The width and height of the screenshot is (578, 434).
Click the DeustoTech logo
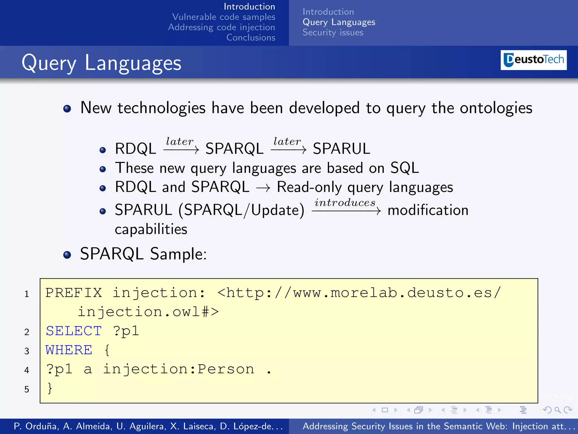point(533,60)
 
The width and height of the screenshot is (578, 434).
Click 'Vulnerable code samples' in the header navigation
point(224,17)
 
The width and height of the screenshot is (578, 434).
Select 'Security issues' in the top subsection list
point(333,32)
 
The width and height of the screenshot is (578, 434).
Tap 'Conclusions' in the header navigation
point(251,38)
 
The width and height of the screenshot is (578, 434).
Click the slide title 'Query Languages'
point(101,63)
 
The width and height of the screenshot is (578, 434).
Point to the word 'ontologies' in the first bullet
point(496,108)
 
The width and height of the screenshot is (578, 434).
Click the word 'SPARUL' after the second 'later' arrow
point(341,149)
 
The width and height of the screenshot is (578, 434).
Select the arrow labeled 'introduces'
point(346,211)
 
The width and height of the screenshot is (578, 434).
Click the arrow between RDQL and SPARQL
point(181,149)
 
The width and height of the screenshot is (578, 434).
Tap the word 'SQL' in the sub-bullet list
point(404,168)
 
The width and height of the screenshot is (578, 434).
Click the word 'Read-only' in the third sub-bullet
point(309,187)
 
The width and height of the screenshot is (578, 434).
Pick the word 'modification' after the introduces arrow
point(428,211)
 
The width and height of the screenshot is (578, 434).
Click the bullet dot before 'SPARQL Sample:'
point(67,255)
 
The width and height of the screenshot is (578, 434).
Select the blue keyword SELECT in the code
point(74,331)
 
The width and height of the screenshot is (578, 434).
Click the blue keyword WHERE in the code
point(69,350)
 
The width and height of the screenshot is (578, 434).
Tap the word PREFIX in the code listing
point(74,293)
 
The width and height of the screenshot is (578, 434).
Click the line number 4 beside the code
point(27,370)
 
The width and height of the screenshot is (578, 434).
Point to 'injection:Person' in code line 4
point(178,369)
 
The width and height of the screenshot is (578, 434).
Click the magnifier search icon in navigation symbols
point(557,410)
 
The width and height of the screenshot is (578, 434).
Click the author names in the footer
point(148,426)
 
